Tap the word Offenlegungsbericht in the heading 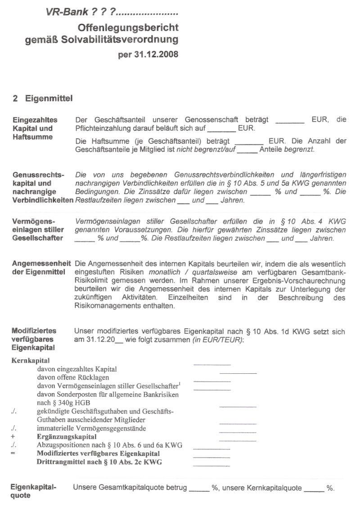tap(128, 28)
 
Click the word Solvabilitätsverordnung tap(126, 40)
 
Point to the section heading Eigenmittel tap(49, 98)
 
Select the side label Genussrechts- tap(38, 174)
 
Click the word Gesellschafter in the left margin tap(38, 238)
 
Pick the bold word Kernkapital tap(29, 361)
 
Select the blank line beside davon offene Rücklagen tap(238, 373)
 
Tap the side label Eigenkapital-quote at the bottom tap(33, 491)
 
